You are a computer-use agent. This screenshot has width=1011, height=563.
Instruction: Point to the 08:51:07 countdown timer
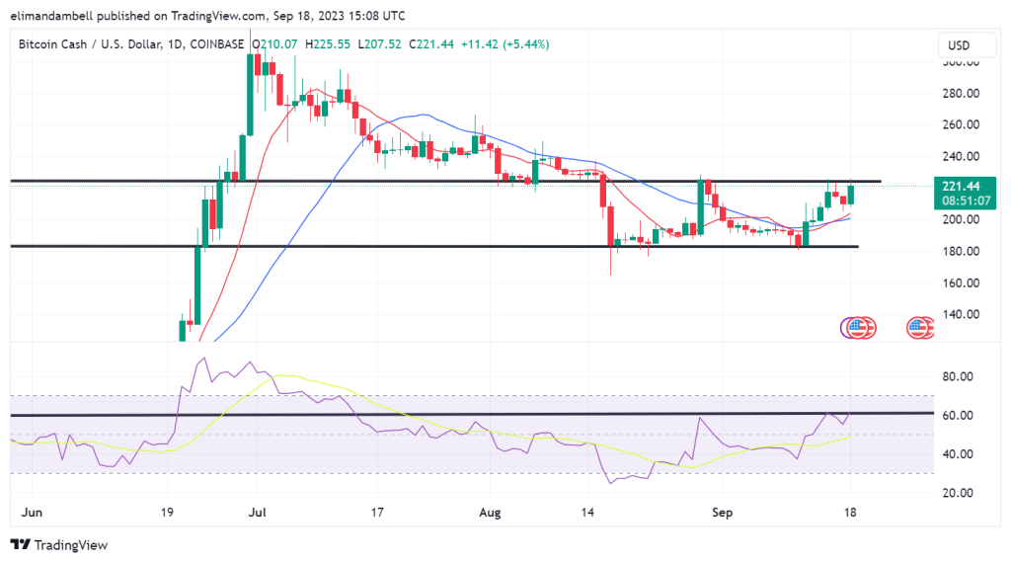(967, 200)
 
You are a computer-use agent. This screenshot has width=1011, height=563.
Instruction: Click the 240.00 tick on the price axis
(960, 156)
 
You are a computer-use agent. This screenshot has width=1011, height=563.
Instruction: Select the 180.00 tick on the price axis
(960, 251)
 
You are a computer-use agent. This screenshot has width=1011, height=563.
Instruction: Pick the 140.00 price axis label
(960, 314)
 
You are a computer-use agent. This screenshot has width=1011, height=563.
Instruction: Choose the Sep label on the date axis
(722, 514)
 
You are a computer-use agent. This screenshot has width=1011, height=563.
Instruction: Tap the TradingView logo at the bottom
(59, 544)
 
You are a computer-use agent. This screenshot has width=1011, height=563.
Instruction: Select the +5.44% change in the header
(529, 44)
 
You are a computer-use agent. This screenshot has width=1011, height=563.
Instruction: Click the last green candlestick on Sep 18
(850, 195)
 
